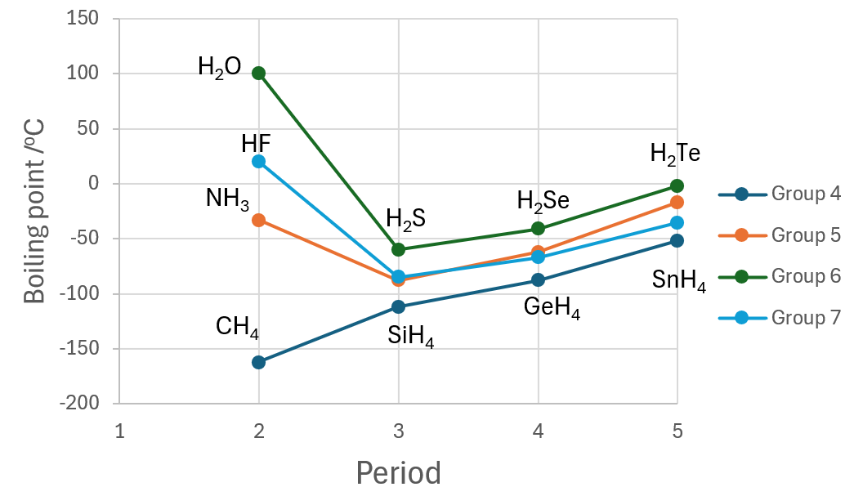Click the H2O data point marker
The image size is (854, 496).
pyautogui.click(x=259, y=74)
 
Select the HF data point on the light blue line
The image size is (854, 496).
pyautogui.click(x=259, y=161)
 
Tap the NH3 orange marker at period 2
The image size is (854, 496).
pyautogui.click(x=259, y=220)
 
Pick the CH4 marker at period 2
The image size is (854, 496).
pyautogui.click(x=259, y=362)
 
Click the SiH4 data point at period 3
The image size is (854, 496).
pyautogui.click(x=399, y=306)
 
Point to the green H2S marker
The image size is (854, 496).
pyautogui.click(x=399, y=249)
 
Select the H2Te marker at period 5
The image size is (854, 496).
pyautogui.click(x=677, y=186)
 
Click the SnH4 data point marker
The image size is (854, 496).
pyautogui.click(x=677, y=240)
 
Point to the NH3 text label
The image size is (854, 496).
pyautogui.click(x=227, y=199)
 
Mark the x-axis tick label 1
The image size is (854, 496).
pyautogui.click(x=120, y=431)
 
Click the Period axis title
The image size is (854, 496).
pyautogui.click(x=398, y=472)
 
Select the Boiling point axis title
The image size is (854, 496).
pyautogui.click(x=34, y=210)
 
